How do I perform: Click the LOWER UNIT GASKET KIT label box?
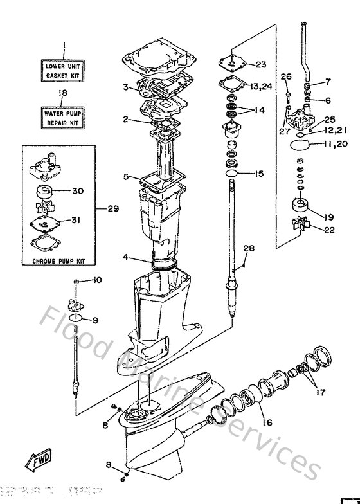point(64,71)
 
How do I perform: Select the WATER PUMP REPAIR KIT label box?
point(64,116)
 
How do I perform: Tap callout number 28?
point(248,248)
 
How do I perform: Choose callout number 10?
point(98,280)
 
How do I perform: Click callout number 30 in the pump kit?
point(77,190)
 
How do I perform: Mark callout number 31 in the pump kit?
point(76,220)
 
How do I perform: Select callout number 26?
point(286,78)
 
